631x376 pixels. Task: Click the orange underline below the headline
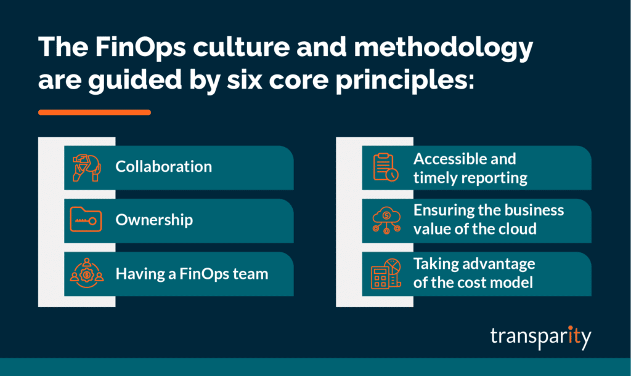click(94, 113)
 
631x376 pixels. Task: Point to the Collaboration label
click(163, 167)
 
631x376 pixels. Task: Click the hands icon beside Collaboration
click(86, 167)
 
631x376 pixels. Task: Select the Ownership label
click(154, 220)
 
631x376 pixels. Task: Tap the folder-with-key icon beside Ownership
click(86, 220)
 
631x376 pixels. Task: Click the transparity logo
click(540, 337)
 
